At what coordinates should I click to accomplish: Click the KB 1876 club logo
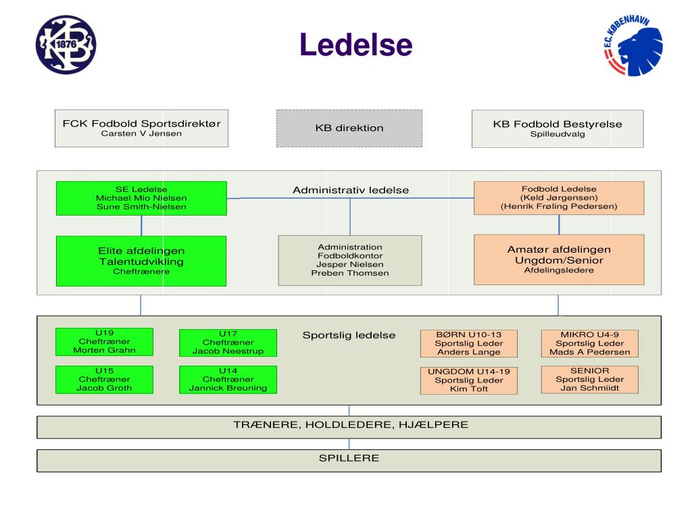66,45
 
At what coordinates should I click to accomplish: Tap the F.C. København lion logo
633,45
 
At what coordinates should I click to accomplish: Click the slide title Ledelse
355,45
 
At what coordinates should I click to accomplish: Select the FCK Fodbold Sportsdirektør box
141,128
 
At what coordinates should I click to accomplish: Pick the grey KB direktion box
349,128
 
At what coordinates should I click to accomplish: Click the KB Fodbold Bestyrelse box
558,128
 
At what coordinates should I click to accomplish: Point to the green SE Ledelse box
141,198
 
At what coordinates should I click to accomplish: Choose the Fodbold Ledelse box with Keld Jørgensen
559,198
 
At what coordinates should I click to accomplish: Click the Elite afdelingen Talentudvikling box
141,261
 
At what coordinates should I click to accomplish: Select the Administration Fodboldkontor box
350,260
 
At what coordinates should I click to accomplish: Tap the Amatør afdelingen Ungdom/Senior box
559,259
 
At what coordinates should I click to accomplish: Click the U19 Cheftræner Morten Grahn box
104,341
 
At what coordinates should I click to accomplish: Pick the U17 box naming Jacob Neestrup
228,343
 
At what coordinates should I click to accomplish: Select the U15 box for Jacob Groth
104,380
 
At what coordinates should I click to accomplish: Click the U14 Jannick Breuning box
228,380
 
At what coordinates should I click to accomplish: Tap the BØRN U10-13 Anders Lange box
469,343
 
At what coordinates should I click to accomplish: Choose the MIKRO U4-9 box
589,343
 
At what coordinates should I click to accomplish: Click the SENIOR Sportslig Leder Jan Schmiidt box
589,380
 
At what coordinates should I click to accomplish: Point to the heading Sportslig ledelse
349,335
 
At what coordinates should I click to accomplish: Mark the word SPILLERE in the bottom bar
349,458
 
